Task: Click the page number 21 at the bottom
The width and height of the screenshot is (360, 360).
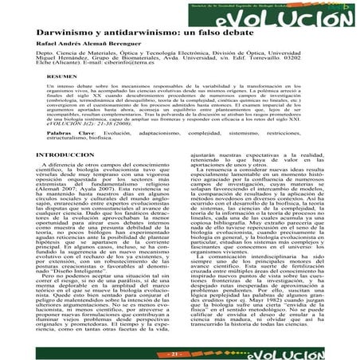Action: coord(179,351)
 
